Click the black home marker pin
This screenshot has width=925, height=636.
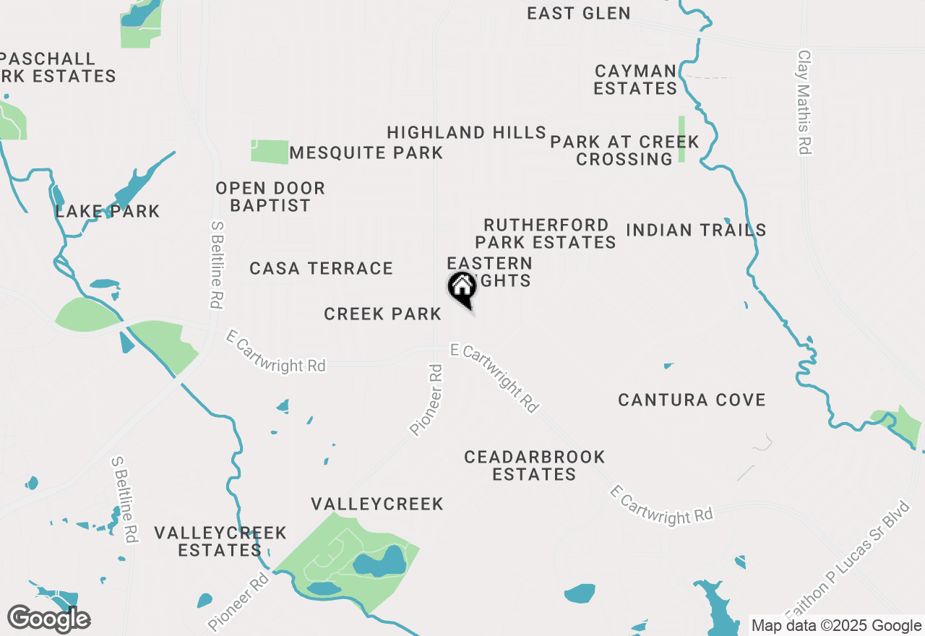coord(462,289)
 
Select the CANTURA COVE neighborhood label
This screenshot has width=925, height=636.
coord(692,400)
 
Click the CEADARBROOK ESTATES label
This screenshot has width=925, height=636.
coord(535,465)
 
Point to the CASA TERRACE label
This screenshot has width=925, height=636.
coord(321,269)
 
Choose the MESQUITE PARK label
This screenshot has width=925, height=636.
coord(366,153)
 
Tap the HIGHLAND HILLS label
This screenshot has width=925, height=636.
coord(466,133)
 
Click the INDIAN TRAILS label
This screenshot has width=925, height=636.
coord(696,231)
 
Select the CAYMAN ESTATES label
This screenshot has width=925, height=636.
coord(635,79)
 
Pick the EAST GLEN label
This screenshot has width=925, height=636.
coord(578,13)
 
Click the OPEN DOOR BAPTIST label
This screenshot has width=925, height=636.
coord(270,197)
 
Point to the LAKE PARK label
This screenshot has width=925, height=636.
coord(108,212)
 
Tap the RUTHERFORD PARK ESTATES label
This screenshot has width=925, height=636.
coord(546,233)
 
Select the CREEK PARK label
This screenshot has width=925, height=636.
coord(382,314)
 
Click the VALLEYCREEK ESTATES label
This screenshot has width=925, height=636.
coord(220,541)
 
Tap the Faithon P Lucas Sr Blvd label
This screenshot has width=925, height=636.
coord(853,564)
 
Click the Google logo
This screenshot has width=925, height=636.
coord(49,619)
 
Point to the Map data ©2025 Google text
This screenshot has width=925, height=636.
coord(836,626)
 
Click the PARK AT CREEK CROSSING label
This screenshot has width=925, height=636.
coord(624,150)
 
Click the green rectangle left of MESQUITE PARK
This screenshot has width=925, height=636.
coord(270,151)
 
